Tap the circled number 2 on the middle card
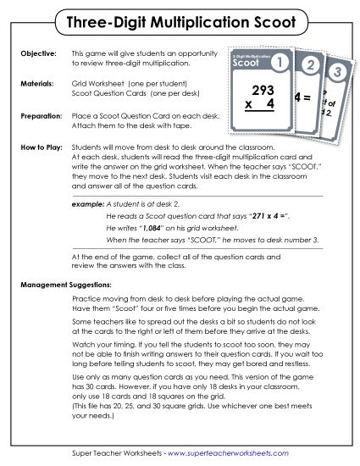click(311, 67)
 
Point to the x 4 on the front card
click(258, 107)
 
